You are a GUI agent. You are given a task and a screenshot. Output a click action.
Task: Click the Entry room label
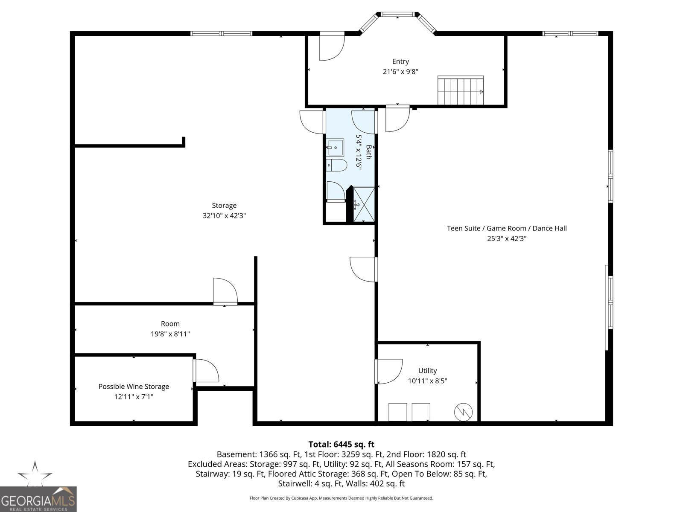point(400,61)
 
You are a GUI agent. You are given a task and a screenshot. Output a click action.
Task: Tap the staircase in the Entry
point(461,90)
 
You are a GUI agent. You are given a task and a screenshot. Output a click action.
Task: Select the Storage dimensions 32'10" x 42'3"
point(224,216)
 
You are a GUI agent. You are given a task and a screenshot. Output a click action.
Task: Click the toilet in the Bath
point(336,165)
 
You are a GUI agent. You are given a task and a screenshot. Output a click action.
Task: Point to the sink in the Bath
point(335,147)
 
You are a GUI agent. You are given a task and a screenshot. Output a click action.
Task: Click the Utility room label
point(427,370)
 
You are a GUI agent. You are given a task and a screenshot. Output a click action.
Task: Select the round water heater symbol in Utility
point(463,412)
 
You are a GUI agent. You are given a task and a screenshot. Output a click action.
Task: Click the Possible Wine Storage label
point(134,387)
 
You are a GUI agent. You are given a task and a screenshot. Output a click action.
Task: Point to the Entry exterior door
point(332,46)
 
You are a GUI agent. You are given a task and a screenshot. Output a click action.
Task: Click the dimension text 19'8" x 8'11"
point(170,334)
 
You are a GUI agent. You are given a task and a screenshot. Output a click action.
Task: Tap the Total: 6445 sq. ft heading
point(341,444)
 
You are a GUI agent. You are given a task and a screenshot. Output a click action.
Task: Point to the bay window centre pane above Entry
point(398,15)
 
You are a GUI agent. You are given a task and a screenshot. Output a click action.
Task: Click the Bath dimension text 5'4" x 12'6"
point(359,152)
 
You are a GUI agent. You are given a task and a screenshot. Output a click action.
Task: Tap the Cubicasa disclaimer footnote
point(341,498)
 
